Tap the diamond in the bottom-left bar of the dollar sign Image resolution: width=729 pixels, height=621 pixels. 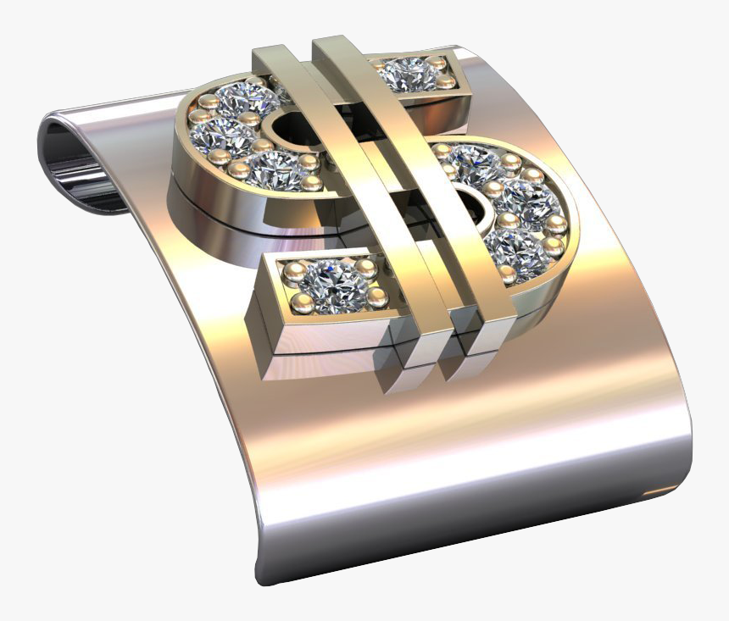(x=332, y=285)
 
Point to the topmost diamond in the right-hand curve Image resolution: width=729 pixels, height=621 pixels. (x=475, y=164)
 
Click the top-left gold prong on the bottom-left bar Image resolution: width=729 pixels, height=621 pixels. (x=293, y=271)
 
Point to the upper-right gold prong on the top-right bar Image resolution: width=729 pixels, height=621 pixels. (x=437, y=63)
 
